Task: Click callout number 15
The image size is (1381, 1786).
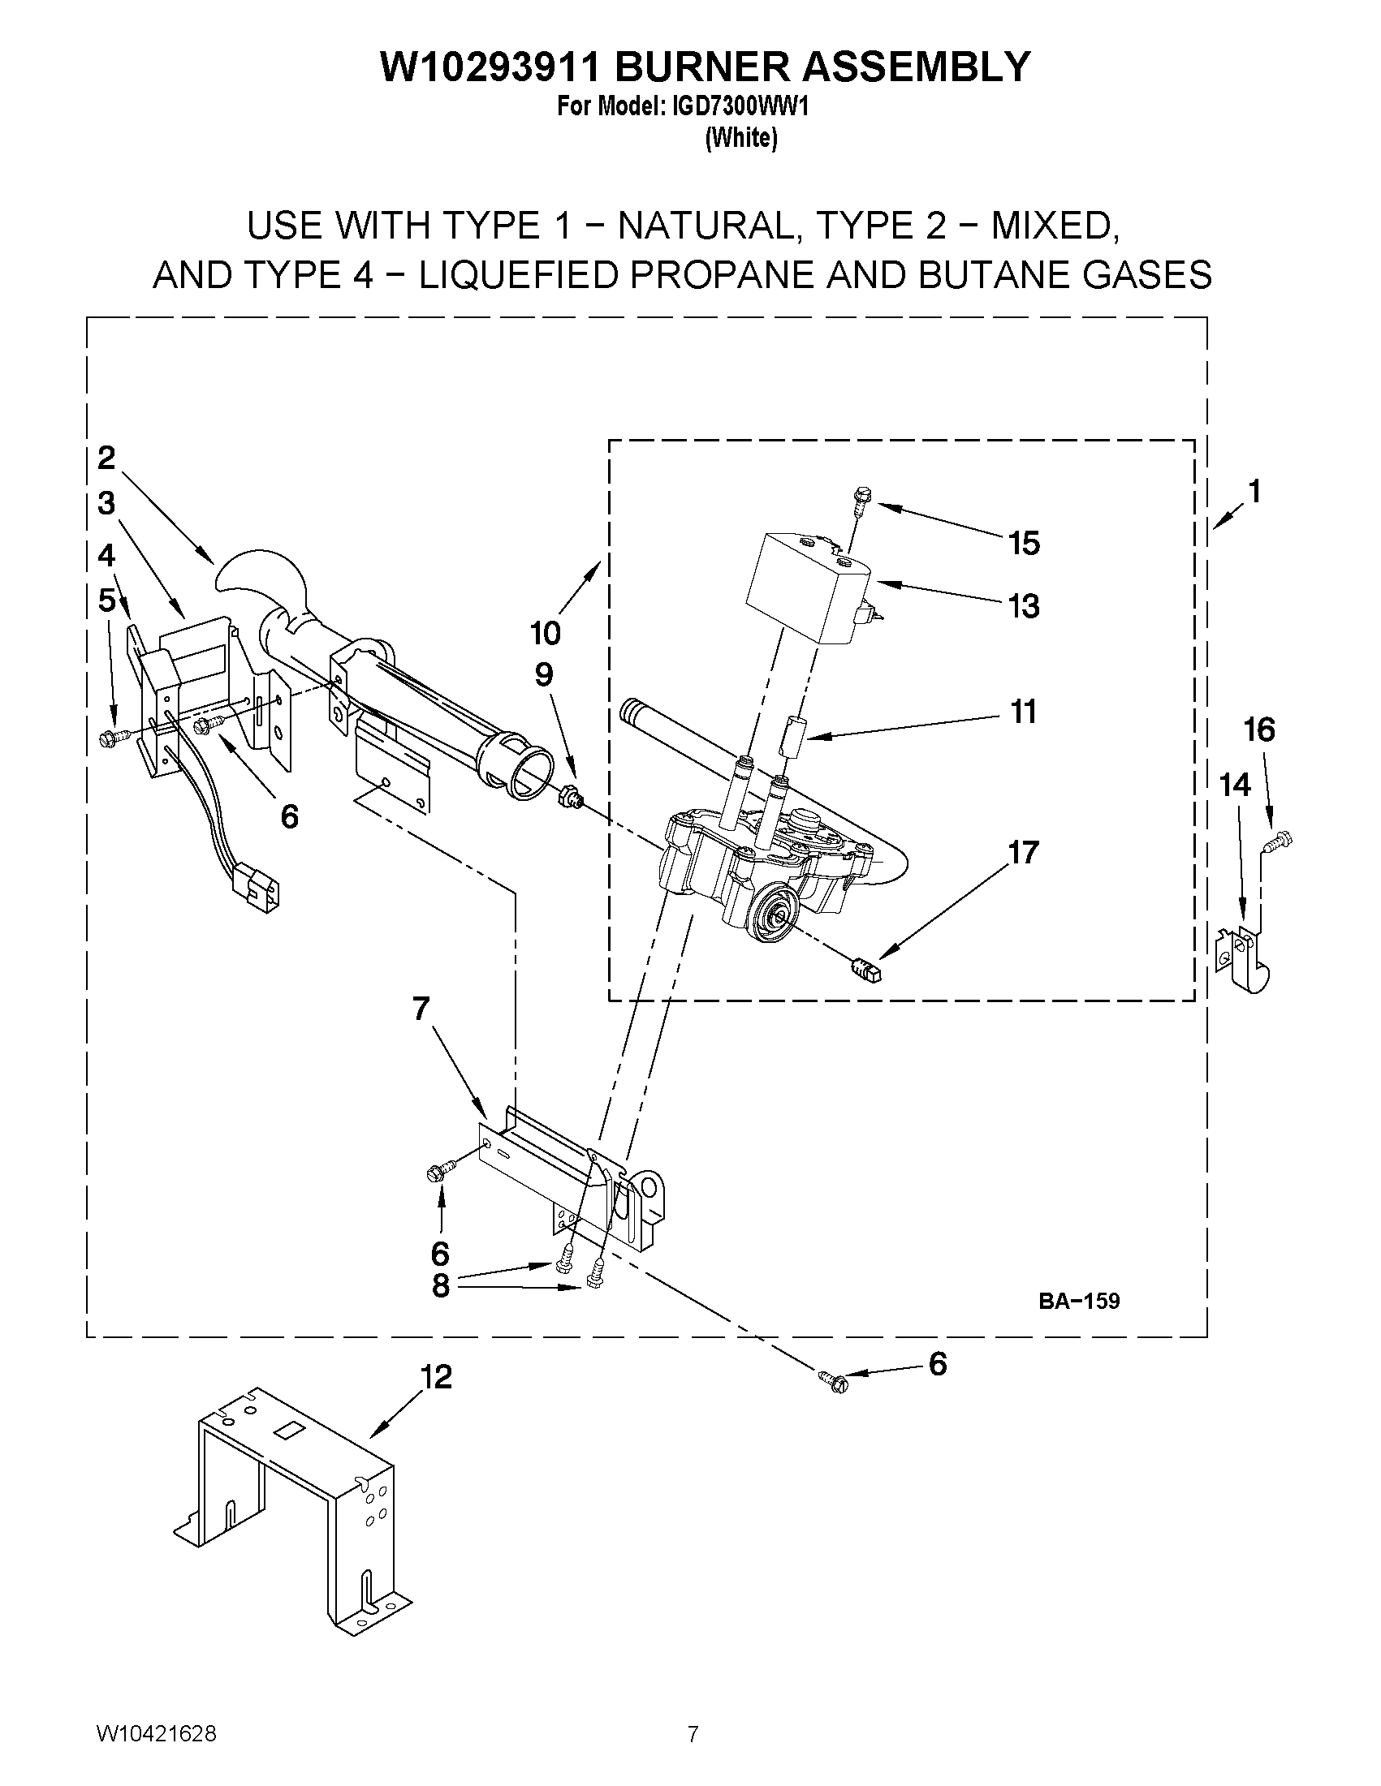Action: (1024, 543)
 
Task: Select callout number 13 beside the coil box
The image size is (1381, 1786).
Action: (1024, 606)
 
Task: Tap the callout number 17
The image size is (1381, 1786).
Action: (1024, 852)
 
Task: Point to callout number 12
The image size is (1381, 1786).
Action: (436, 1378)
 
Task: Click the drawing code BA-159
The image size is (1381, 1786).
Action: (1078, 1301)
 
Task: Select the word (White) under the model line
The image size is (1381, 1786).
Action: (740, 138)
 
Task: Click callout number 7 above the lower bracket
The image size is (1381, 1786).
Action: (421, 1009)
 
